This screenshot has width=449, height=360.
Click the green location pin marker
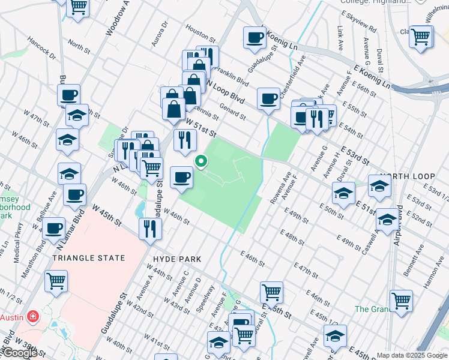click(201, 161)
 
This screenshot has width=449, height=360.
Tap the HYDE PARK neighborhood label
click(177, 259)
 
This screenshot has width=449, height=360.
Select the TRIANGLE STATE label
click(88, 258)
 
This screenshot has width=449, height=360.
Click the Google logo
click(20, 353)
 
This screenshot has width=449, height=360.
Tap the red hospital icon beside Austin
click(32, 316)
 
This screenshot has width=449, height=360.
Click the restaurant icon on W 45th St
click(149, 229)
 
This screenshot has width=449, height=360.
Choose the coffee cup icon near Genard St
click(268, 98)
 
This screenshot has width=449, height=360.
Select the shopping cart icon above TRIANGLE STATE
click(56, 281)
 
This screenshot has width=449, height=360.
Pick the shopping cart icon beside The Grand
click(401, 300)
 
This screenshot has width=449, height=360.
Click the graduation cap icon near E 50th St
click(343, 193)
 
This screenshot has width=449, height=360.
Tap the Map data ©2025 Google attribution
click(412, 355)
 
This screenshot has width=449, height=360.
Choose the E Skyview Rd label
click(358, 22)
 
